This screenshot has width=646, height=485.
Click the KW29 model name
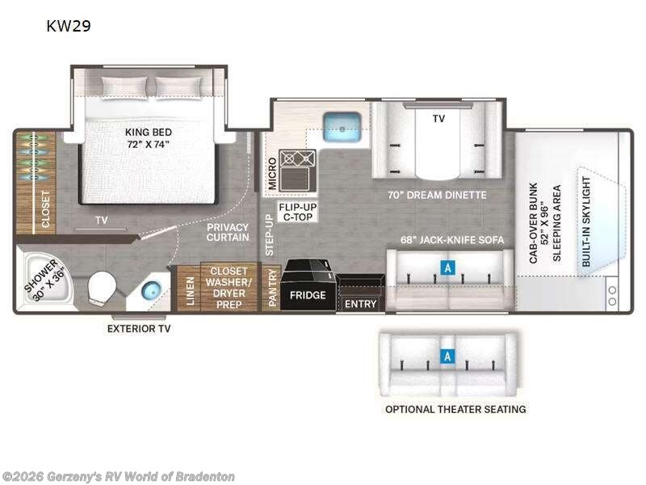pos(68,26)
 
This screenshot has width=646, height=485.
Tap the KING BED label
pos(148,137)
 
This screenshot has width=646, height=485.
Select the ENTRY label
pos(359,305)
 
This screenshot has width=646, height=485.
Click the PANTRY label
pos(273,288)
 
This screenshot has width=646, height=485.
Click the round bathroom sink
pos(151,292)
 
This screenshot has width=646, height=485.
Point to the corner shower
pos(42,280)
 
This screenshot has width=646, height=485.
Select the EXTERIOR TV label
pos(138,328)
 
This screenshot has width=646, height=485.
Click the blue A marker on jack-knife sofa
pos(445,265)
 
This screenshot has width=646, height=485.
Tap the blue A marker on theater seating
pos(445,356)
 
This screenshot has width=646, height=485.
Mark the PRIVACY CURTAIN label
pos(227,232)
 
